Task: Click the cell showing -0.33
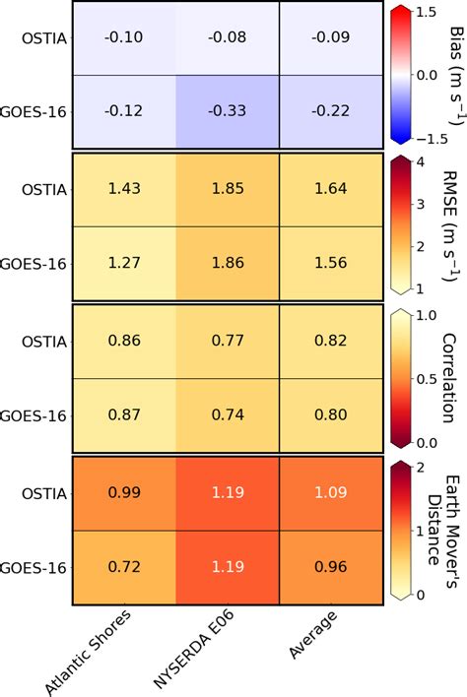pyautogui.click(x=228, y=111)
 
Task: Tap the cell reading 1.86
pyautogui.click(x=228, y=263)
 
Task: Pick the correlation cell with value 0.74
pyautogui.click(x=228, y=414)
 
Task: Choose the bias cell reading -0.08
pyautogui.click(x=228, y=38)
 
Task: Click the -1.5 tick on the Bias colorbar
pyautogui.click(x=429, y=135)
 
